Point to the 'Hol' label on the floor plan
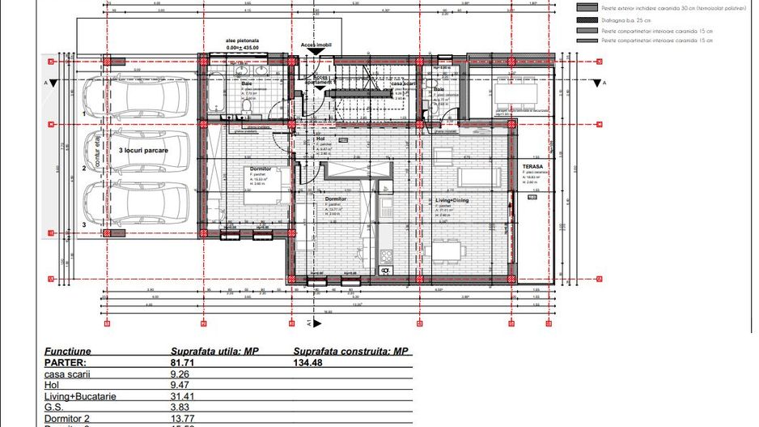click(x=320, y=139)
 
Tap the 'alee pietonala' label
click(x=243, y=39)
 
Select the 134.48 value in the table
click(x=307, y=362)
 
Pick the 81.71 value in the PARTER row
click(x=184, y=362)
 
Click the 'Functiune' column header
click(x=68, y=352)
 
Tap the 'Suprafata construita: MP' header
click(x=349, y=352)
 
